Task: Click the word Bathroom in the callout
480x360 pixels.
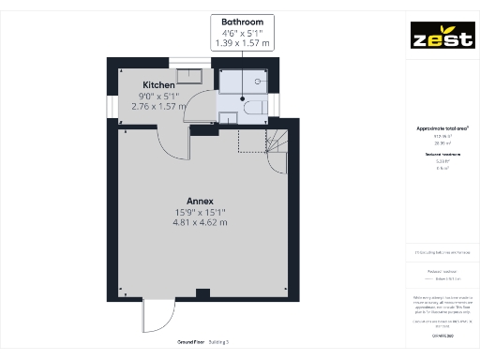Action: (241, 21)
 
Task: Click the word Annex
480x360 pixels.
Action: (201, 202)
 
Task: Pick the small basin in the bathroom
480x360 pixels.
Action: (228, 117)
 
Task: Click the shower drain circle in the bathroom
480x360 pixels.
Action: (242, 97)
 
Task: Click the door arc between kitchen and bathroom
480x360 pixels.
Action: (207, 98)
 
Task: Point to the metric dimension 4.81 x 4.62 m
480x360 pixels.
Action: (201, 223)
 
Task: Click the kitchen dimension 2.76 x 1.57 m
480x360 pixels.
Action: (159, 106)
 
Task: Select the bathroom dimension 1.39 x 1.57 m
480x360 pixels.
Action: (241, 43)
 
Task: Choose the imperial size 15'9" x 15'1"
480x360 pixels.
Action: (201, 213)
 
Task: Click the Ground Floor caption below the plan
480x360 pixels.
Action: (178, 341)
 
